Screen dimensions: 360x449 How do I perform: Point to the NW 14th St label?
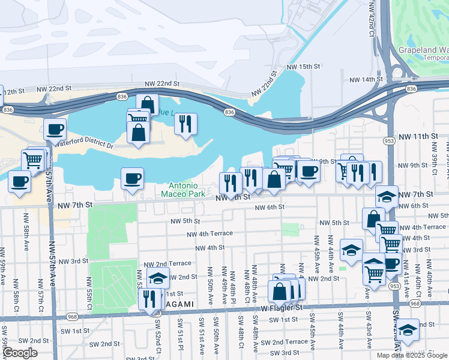click(366, 79)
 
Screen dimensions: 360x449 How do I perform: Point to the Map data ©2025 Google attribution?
click(412, 355)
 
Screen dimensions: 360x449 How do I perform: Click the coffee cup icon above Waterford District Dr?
click(55, 128)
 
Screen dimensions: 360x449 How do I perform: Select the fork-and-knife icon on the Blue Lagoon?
click(185, 123)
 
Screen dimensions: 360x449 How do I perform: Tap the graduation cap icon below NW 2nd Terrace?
click(158, 278)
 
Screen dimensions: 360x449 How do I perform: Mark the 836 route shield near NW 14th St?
click(411, 89)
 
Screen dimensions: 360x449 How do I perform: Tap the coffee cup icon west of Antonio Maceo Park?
click(132, 178)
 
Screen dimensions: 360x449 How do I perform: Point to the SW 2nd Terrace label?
click(289, 341)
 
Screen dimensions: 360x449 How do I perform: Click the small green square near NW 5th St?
click(290, 229)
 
